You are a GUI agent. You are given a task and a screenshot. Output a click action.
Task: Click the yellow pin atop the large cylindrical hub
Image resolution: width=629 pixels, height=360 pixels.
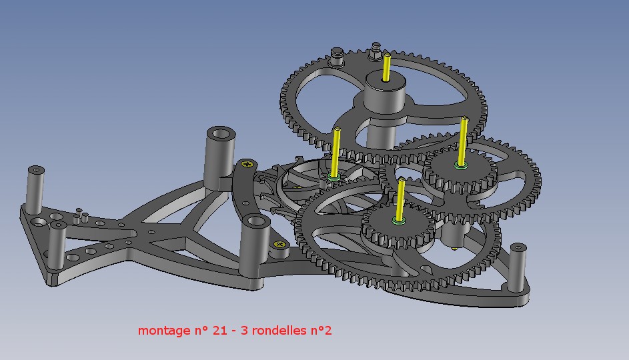(x=386, y=67)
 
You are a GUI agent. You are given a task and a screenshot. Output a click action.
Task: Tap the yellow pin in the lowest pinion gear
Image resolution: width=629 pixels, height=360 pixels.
(x=400, y=199)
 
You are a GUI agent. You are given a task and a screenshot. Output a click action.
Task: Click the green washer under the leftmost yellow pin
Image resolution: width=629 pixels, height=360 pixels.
(x=334, y=177)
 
